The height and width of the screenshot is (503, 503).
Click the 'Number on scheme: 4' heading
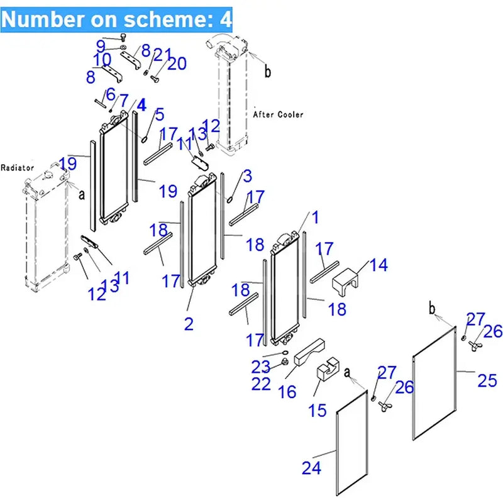point(117,19)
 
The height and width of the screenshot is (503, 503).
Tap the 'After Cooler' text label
point(278,114)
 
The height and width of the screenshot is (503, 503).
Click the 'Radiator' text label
point(17,168)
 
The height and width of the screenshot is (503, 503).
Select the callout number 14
point(379,265)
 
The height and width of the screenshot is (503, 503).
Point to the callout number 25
point(487,380)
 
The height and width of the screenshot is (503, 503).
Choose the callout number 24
point(311,467)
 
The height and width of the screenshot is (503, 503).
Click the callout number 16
point(287,392)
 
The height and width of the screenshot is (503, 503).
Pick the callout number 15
point(318,411)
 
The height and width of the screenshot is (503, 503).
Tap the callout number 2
point(189,324)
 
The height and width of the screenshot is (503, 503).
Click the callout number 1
point(315,218)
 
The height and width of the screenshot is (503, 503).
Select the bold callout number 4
point(141,105)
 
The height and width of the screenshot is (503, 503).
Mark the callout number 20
point(177,64)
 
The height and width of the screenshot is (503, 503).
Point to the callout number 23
point(261,365)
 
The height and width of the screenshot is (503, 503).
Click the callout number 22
point(261,383)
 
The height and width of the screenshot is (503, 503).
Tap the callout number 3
point(246,175)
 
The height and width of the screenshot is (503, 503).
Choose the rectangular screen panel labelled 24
point(351,440)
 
